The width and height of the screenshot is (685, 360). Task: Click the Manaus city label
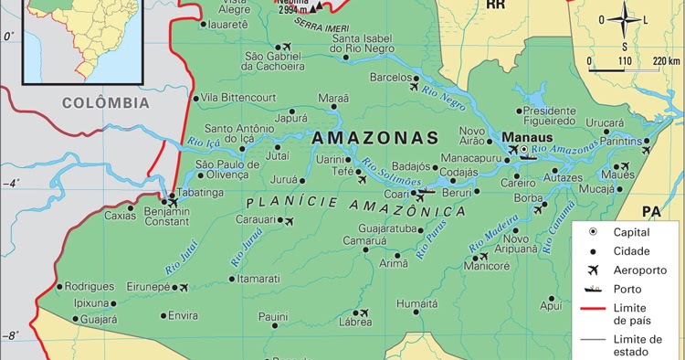[x=523, y=138]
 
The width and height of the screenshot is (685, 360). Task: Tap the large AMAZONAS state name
[x=375, y=137]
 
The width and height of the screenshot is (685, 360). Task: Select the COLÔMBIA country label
[x=106, y=103]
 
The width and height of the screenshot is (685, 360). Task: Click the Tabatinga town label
[x=199, y=193]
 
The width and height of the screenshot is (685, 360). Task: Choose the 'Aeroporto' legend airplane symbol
[x=593, y=270]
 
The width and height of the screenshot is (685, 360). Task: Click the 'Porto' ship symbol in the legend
[x=593, y=290]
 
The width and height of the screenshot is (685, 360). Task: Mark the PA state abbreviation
[x=650, y=212]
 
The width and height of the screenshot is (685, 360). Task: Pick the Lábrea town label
[x=355, y=322]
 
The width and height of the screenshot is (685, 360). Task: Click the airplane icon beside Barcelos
[x=414, y=88]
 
